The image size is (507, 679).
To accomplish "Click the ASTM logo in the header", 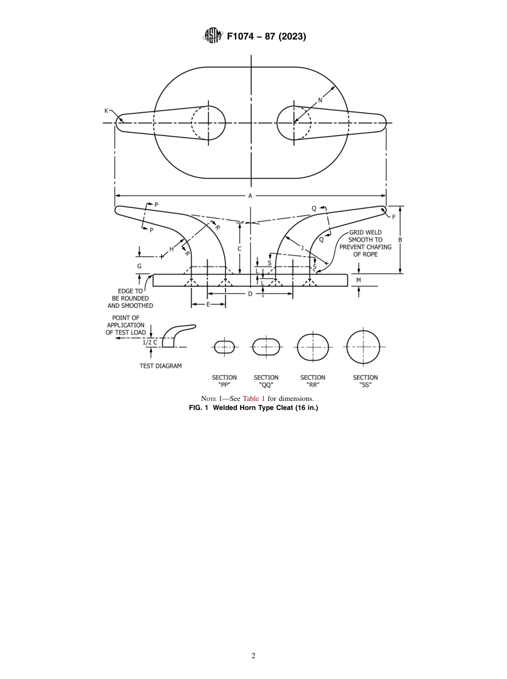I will coord(212,36).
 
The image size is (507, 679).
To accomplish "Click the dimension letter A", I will coord(250,196).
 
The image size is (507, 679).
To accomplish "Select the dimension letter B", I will coord(400,240).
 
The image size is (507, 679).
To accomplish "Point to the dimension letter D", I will coord(250,294).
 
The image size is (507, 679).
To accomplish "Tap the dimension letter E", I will coord(208,304).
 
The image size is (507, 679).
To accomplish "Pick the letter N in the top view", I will coord(320,100).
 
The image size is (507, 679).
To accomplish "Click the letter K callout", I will coord(106,110).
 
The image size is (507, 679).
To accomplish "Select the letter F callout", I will coord(394,217).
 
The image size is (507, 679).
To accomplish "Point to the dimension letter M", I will coord(359,280).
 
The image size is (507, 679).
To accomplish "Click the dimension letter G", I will coord(139,266).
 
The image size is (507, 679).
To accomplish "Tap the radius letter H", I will coord(171,249).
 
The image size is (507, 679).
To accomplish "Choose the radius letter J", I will coord(302,247).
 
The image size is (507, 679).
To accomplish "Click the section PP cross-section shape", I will coord(224,347).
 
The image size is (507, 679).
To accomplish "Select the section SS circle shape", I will coord(363,346).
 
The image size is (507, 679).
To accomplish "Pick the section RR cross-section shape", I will coord(313,347).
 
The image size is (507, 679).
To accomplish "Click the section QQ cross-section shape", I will coord(266,347).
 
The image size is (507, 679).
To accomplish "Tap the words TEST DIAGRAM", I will coord(161,366).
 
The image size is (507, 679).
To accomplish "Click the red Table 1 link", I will coord(253,399).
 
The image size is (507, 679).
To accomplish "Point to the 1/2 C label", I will coord(150,342).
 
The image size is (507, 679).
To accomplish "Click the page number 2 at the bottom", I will coord(253,656).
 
